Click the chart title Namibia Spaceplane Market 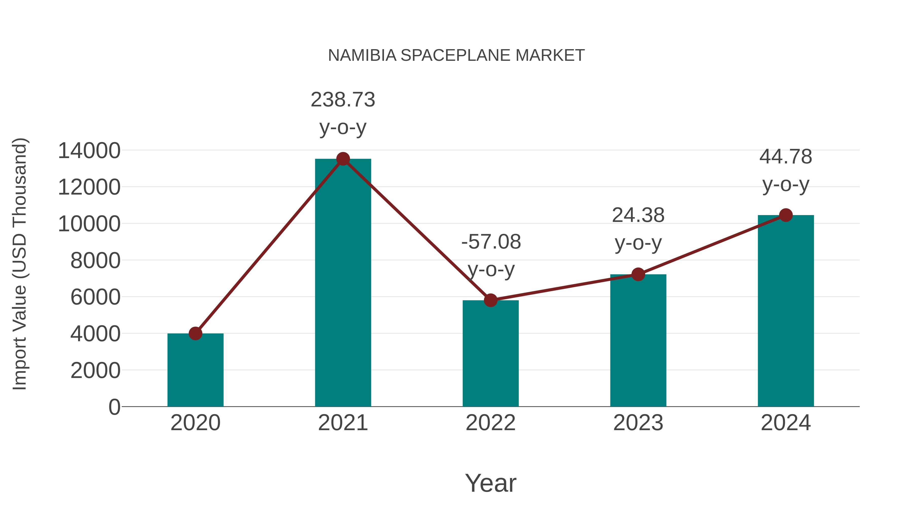tap(456, 55)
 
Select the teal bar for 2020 tap(195, 372)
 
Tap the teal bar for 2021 tap(343, 283)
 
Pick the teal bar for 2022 tap(490, 354)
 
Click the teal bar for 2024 tap(786, 312)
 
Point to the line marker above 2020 tap(195, 333)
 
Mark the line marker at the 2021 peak tap(343, 159)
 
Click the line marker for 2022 tap(490, 300)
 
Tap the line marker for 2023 tap(638, 274)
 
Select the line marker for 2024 tap(786, 215)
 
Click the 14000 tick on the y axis tap(89, 151)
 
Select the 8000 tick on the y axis tap(95, 261)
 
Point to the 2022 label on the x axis tap(490, 423)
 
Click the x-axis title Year tap(490, 483)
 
